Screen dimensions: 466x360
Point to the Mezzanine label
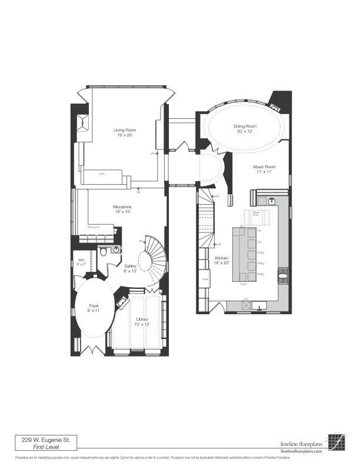tap(122, 207)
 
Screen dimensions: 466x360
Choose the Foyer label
tap(94, 305)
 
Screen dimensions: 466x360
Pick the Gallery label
tap(131, 266)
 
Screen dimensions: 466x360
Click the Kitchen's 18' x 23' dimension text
tap(221, 264)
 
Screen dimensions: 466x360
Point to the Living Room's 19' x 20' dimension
tap(125, 135)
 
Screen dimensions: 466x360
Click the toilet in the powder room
tap(104, 251)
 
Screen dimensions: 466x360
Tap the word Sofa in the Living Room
tap(102, 174)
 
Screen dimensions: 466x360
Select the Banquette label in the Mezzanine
tap(94, 227)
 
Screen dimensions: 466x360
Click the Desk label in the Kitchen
tap(205, 279)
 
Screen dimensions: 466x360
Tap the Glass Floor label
tap(256, 214)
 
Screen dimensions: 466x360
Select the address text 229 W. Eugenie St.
tap(45, 439)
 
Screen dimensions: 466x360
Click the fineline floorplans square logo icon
tap(337, 441)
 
